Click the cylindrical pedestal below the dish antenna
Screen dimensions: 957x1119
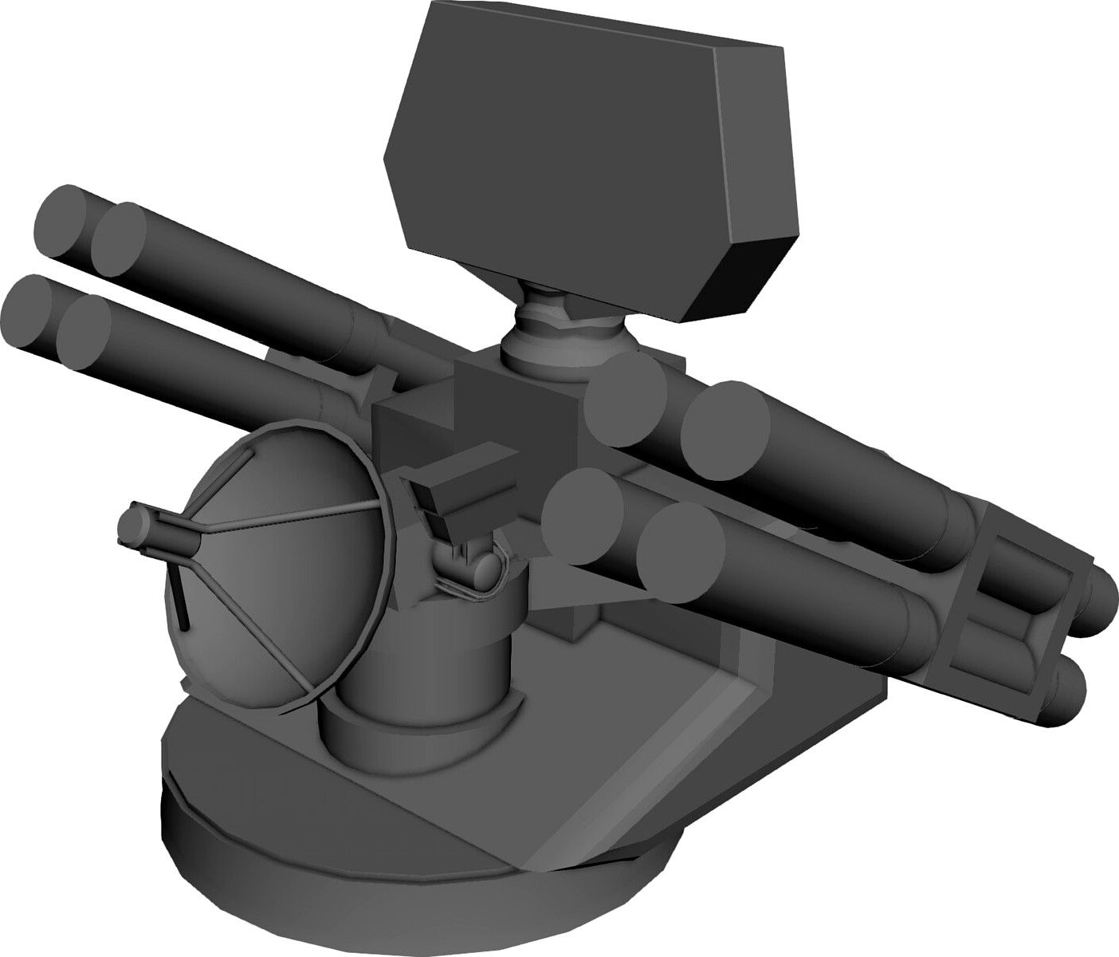pos(422,686)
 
